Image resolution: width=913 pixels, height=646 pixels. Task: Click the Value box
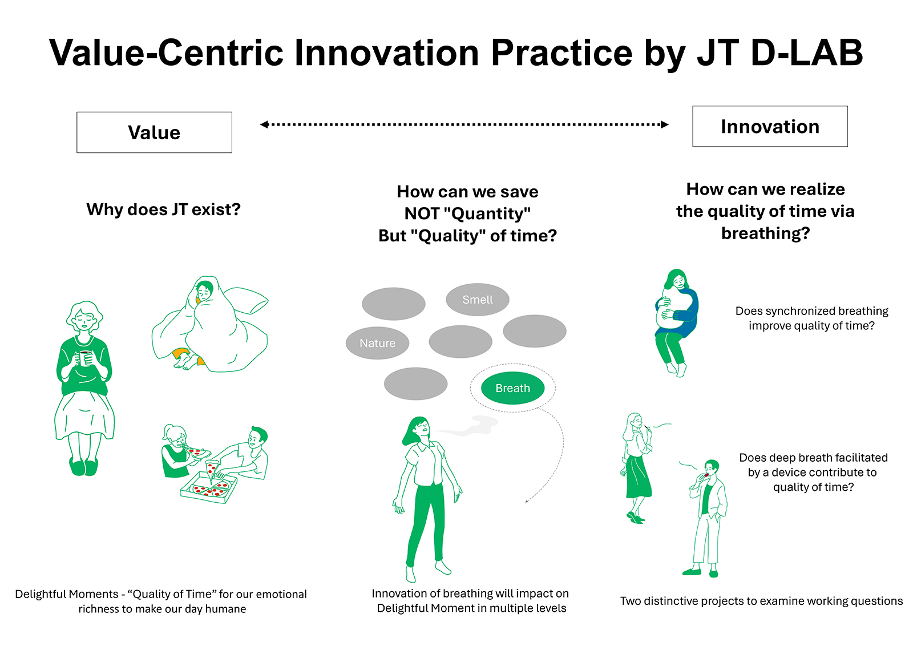point(154,132)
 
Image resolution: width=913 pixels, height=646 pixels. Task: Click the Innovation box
point(770,126)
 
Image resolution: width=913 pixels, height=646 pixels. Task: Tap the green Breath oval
point(513,388)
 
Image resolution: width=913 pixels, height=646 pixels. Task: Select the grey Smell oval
point(477,300)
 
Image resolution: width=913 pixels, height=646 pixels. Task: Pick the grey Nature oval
point(377,343)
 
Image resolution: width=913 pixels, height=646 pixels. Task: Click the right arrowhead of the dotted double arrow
point(665,124)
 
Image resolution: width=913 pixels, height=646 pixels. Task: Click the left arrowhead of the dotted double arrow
point(264,124)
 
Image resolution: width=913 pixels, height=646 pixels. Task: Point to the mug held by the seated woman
point(85,358)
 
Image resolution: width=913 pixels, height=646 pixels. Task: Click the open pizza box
point(209,487)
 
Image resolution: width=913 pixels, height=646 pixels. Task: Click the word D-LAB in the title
point(806,53)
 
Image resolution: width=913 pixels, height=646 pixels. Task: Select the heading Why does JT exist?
point(163,209)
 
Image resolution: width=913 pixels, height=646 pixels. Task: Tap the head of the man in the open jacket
point(712,467)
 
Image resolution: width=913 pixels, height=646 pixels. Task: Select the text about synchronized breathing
point(811,318)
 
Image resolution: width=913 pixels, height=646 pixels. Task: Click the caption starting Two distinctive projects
point(761,601)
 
